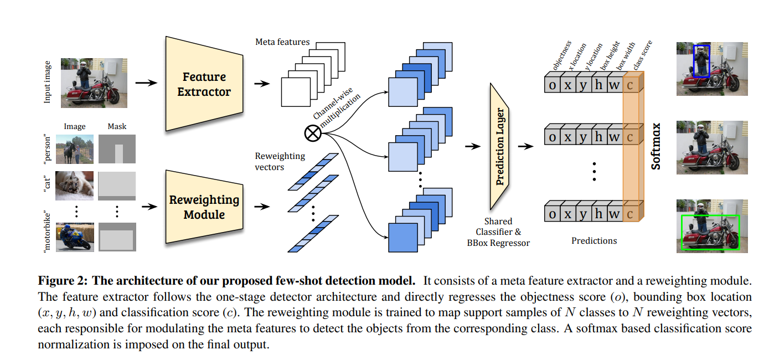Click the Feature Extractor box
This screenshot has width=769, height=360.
(x=203, y=84)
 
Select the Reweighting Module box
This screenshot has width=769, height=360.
(x=203, y=207)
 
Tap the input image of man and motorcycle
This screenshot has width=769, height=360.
(x=94, y=82)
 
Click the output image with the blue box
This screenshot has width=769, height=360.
(x=708, y=68)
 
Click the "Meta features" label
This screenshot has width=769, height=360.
(x=282, y=42)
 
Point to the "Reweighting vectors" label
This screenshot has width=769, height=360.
(x=280, y=161)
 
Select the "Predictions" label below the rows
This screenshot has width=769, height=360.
(x=594, y=240)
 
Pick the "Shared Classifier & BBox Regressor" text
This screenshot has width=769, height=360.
(x=498, y=232)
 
